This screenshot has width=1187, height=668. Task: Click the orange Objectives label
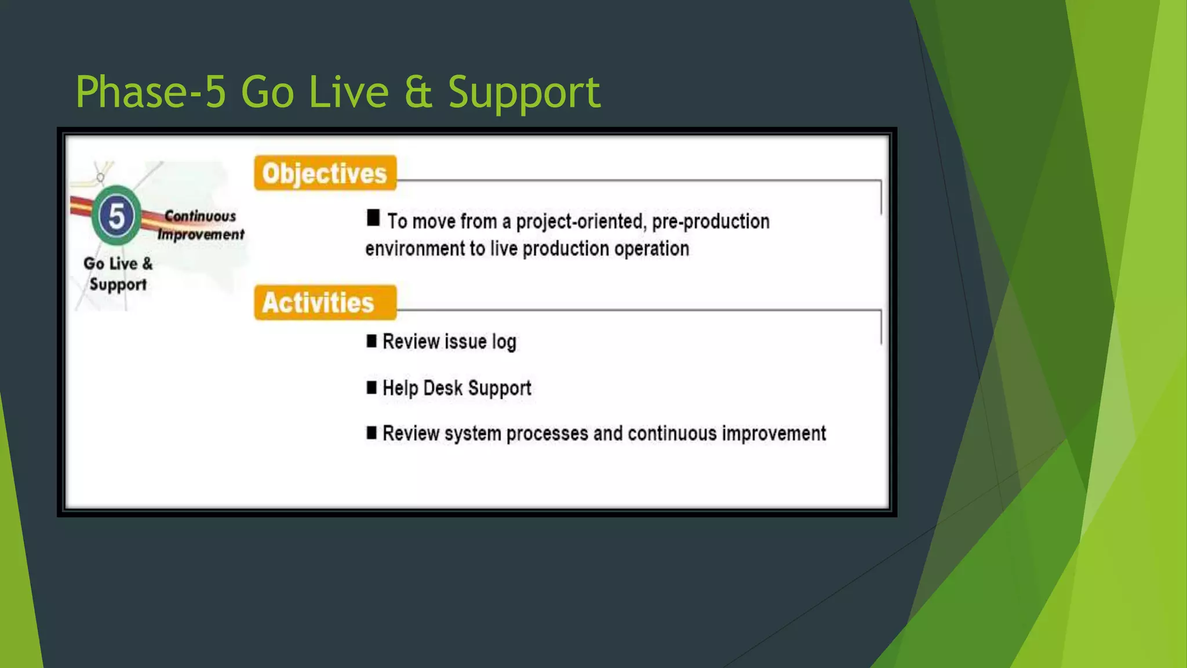click(325, 173)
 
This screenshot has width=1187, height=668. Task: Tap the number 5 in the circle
click(116, 216)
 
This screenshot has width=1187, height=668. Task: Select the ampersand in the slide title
click(418, 92)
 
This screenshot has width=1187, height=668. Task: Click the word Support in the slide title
click(524, 92)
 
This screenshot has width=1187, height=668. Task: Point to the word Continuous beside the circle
click(200, 216)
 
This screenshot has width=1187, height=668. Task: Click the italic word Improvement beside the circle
click(201, 235)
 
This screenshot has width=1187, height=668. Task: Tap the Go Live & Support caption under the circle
click(118, 274)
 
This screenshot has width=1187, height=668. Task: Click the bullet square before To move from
click(373, 218)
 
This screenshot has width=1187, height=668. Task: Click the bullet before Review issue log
click(372, 341)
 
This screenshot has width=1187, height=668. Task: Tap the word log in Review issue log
click(504, 342)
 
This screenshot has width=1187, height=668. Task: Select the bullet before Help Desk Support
click(372, 387)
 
